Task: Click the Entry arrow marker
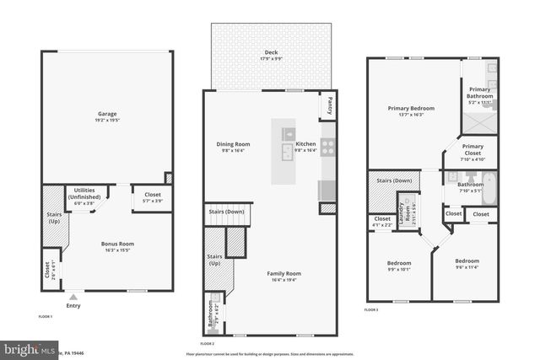click(x=73, y=296)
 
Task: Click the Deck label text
click(x=271, y=52)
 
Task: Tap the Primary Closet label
click(x=472, y=150)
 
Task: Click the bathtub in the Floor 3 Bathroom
click(x=489, y=180)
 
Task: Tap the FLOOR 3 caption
click(x=372, y=310)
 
